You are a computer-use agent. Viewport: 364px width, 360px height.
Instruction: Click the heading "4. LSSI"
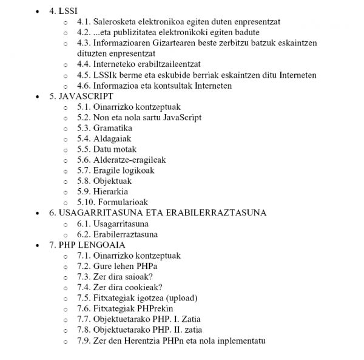(x=63, y=12)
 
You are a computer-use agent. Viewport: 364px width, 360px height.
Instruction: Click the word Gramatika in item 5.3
(x=112, y=128)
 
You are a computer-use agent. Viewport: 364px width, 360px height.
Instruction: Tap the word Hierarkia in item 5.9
(x=110, y=192)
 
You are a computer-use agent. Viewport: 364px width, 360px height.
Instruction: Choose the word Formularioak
(x=123, y=202)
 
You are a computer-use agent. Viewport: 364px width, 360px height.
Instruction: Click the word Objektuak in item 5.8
(x=112, y=181)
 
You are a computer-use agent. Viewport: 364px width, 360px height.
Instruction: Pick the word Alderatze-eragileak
(x=129, y=160)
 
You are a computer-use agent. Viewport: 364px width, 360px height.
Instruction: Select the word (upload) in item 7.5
(x=179, y=298)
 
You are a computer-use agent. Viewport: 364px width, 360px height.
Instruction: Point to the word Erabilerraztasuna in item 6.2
(x=126, y=234)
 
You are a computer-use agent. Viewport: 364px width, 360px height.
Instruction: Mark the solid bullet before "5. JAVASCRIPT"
(x=39, y=97)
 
